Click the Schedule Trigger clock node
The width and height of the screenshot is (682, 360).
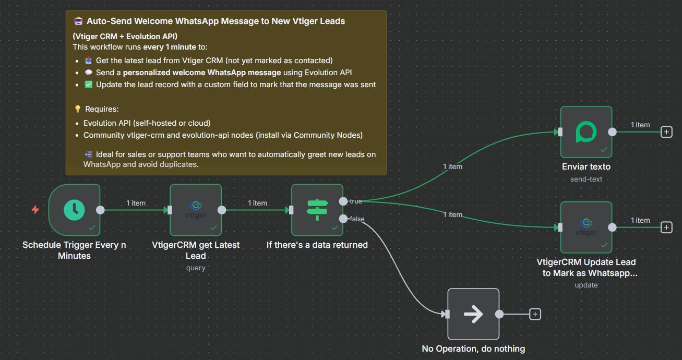[x=74, y=210]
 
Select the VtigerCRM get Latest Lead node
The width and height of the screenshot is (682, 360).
[x=196, y=210]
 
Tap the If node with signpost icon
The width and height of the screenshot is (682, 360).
[x=317, y=210]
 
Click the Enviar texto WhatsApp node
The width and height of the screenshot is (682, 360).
[x=586, y=132]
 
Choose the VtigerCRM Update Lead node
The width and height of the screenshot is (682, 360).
[x=586, y=227]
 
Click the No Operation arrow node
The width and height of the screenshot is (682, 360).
[x=473, y=314]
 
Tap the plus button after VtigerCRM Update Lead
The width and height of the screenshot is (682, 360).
[x=666, y=227]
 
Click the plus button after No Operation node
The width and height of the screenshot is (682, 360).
[x=535, y=314]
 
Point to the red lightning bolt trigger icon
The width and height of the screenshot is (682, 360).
[x=35, y=210]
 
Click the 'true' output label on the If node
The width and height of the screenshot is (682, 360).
[x=355, y=201]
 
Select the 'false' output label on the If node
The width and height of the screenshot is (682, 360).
[x=357, y=219]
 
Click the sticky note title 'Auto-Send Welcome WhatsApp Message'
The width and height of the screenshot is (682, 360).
[x=216, y=21]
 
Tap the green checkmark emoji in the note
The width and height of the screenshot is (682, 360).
[x=88, y=85]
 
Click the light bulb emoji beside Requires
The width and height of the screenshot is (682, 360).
[x=78, y=109]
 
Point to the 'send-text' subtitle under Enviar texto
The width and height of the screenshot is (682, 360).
[x=586, y=179]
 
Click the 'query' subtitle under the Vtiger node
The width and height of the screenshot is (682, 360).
[x=196, y=268]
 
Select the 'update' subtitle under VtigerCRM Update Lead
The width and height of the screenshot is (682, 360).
[x=586, y=285]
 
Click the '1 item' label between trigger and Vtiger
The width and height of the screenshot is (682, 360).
[x=136, y=203]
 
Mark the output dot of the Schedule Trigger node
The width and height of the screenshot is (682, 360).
[x=100, y=210]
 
